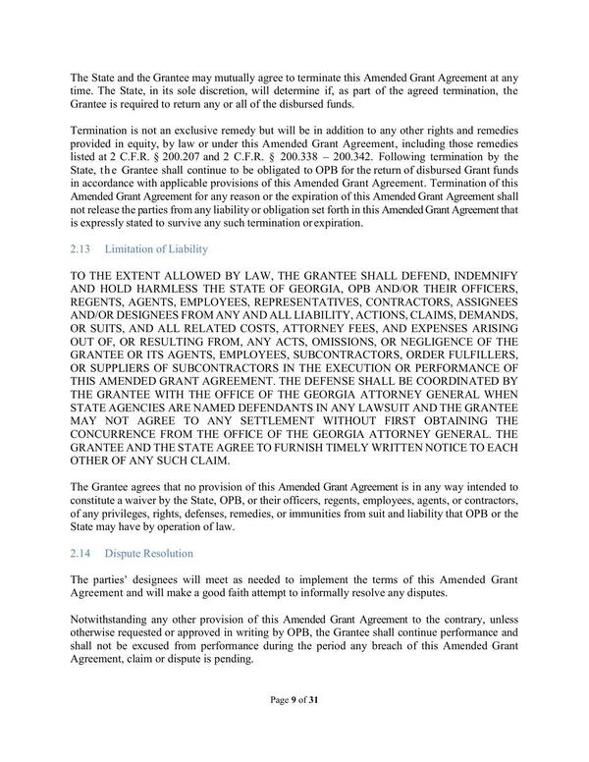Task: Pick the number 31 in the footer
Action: pos(313,727)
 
